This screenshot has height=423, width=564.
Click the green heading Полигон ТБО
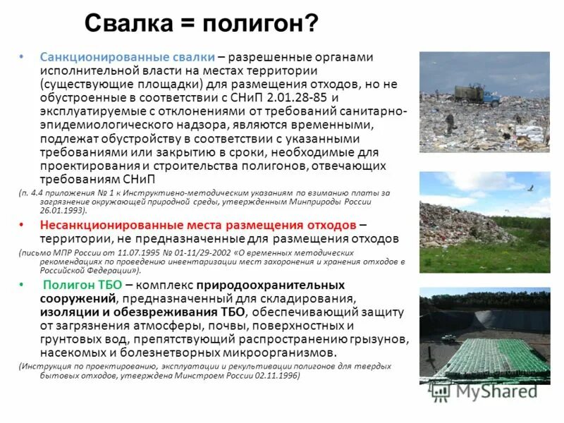[x=82, y=285]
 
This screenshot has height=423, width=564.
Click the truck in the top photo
[x=471, y=95]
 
